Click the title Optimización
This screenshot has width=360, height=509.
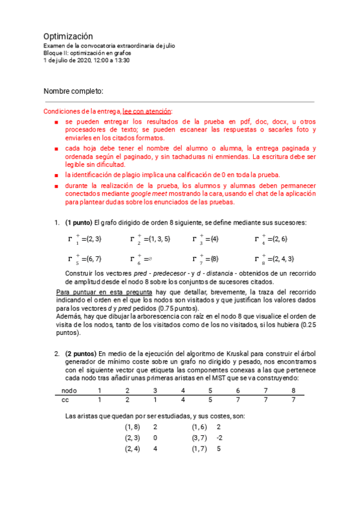point(68,36)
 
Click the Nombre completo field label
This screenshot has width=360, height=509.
point(74,91)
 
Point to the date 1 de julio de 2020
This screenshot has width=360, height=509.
point(69,60)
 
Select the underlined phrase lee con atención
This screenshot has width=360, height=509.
point(147,112)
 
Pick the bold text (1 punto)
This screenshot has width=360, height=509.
point(78,223)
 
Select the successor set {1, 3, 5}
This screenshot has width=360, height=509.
point(158,239)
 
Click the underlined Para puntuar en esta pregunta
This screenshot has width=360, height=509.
point(105,292)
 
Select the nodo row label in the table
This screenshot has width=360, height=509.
point(70,391)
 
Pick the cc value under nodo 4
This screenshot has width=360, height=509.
point(182,400)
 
